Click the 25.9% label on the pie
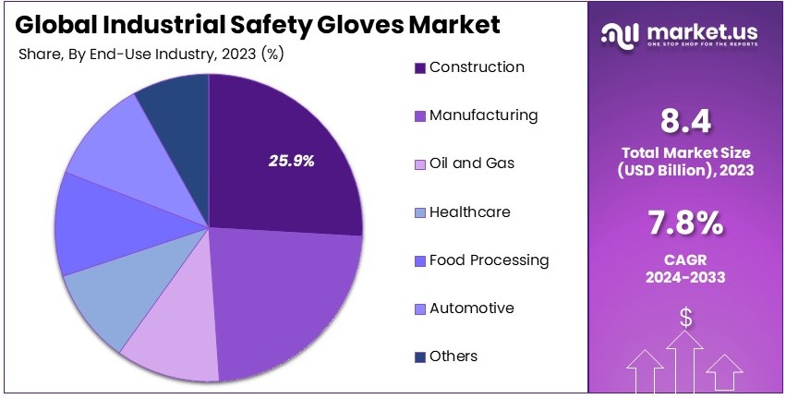coord(292,161)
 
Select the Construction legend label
coord(477,67)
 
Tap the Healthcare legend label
coord(469,212)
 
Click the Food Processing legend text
coord(489,260)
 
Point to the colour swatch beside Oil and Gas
coord(419,164)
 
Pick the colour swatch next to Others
coord(419,357)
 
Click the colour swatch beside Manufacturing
coord(419,116)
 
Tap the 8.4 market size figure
coord(684,120)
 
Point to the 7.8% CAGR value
coord(684,224)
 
